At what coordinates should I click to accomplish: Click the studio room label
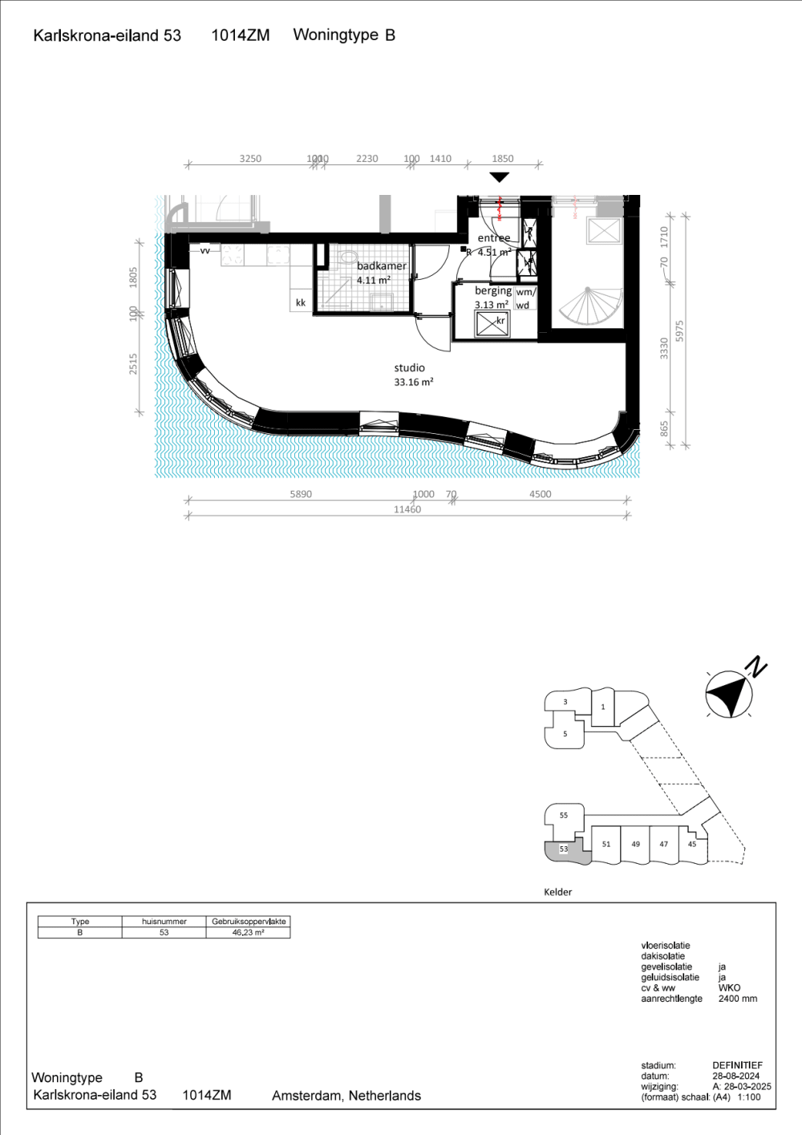point(409,368)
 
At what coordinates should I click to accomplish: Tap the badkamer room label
point(381,266)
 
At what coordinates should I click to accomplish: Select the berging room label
point(492,290)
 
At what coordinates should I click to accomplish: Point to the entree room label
point(493,238)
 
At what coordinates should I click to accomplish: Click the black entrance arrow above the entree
point(499,177)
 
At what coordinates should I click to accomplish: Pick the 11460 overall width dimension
point(407,509)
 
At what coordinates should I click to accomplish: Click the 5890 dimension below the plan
point(301,494)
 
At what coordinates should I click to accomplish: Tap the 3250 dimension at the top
point(250,159)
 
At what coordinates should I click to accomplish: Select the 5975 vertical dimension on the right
point(680,331)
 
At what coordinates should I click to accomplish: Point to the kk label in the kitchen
point(301,302)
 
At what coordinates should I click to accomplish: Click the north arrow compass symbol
point(728,693)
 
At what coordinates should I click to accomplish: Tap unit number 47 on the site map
point(663,844)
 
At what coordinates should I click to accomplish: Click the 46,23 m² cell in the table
point(248,933)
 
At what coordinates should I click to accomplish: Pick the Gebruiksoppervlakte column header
point(249,922)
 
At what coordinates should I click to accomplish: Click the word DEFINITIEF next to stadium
point(737,1066)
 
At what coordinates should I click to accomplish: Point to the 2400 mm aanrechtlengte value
point(737,999)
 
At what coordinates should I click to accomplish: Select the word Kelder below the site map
point(557,892)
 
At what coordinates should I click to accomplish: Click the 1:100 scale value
point(748,1097)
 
